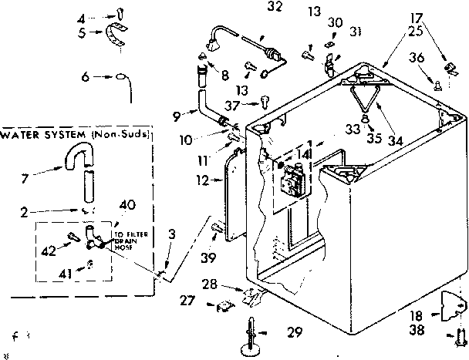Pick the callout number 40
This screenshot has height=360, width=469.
(x=127, y=204)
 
